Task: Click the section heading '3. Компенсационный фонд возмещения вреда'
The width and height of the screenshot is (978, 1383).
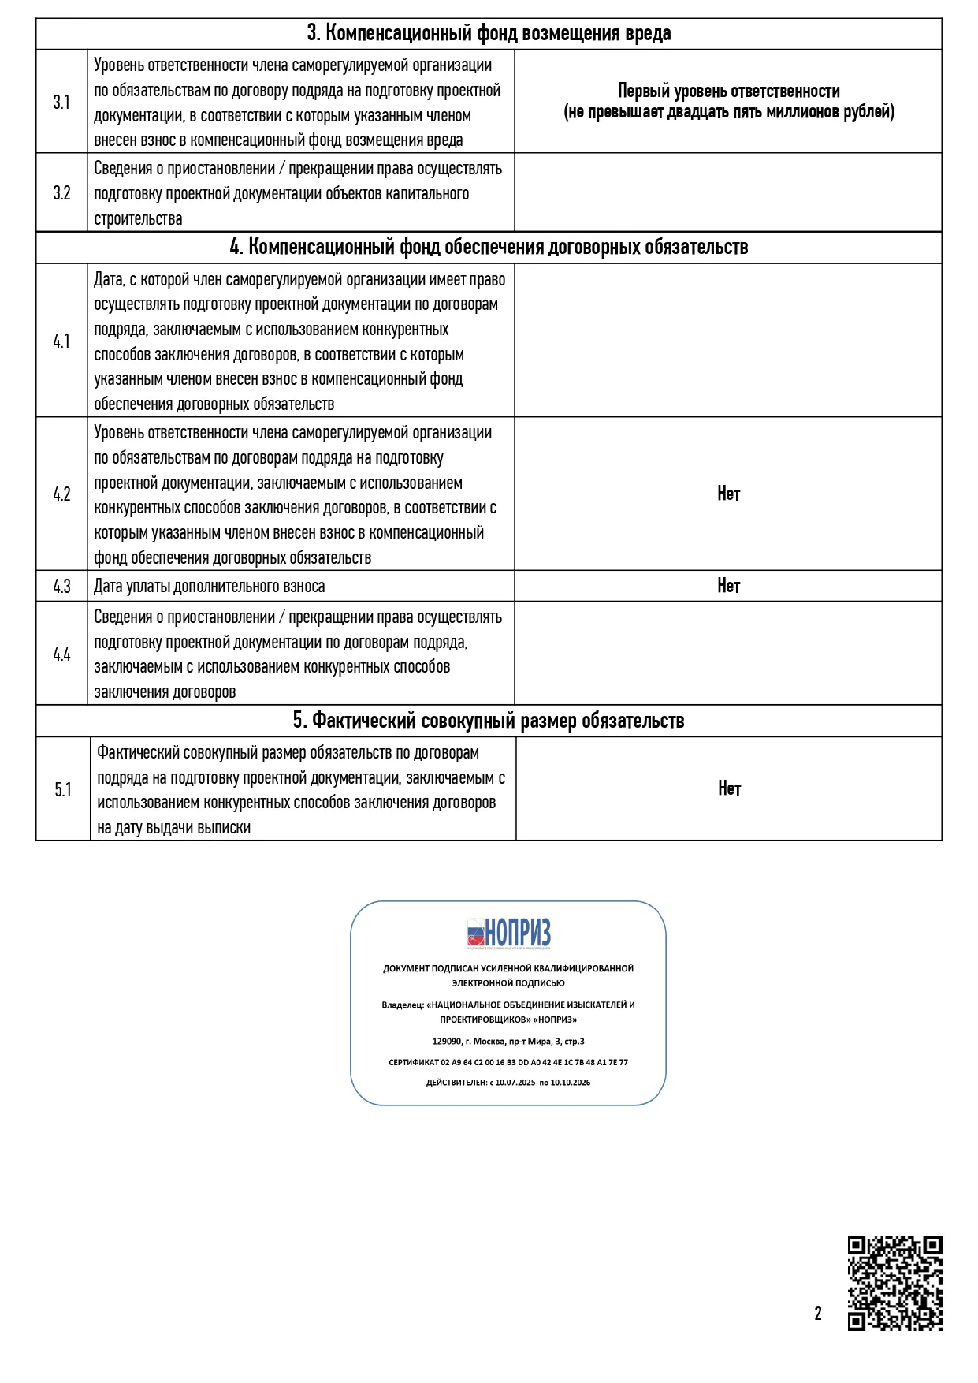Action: pyautogui.click(x=489, y=33)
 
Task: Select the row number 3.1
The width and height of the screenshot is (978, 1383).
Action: pyautogui.click(x=61, y=102)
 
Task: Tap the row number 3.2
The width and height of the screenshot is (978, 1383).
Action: pyautogui.click(x=61, y=193)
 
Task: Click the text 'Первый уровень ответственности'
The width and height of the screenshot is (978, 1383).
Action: pyautogui.click(x=728, y=91)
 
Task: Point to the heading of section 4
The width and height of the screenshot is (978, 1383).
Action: pyautogui.click(x=489, y=247)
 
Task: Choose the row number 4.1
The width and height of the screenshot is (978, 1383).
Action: pyautogui.click(x=61, y=341)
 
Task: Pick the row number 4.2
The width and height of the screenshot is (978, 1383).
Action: pyautogui.click(x=61, y=494)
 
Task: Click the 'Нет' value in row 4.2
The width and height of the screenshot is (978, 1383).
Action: pyautogui.click(x=728, y=494)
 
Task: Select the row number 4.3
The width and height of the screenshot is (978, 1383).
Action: pyautogui.click(x=61, y=587)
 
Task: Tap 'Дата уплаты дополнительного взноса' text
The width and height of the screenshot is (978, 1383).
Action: pyautogui.click(x=209, y=587)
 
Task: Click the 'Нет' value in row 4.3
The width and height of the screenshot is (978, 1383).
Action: pyautogui.click(x=728, y=586)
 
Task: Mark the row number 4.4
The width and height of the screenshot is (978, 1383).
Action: pyautogui.click(x=61, y=654)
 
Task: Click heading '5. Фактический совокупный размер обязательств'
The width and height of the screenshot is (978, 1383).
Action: pyautogui.click(x=489, y=721)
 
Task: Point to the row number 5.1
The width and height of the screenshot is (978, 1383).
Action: pyautogui.click(x=63, y=790)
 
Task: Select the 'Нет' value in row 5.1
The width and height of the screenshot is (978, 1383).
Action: pyautogui.click(x=729, y=788)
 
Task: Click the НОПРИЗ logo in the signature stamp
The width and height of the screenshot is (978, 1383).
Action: pyautogui.click(x=508, y=933)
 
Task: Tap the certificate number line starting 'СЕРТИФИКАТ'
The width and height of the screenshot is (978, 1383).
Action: pyautogui.click(x=508, y=1062)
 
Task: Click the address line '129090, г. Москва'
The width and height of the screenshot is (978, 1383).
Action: pyautogui.click(x=508, y=1041)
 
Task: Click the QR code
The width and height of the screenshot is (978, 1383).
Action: pyautogui.click(x=895, y=1283)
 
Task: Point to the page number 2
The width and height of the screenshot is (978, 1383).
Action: pyautogui.click(x=818, y=1313)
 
